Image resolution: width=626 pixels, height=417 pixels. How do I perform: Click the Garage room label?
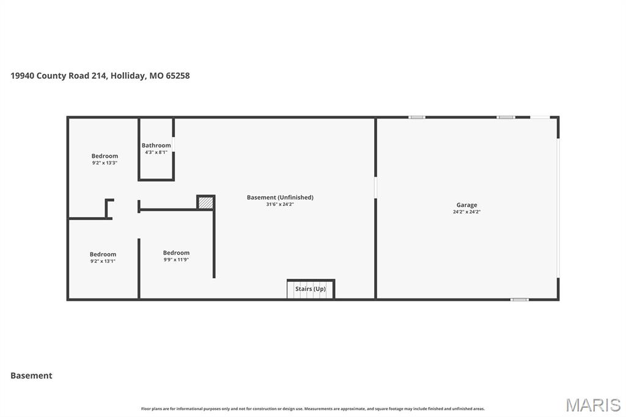tap(466, 205)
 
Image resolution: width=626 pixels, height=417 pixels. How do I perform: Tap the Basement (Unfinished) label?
tap(280, 197)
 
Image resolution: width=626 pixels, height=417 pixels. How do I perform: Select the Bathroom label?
tap(156, 146)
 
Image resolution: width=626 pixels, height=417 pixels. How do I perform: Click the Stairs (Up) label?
tap(311, 289)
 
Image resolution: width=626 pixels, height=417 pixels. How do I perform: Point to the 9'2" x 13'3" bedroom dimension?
tap(105, 163)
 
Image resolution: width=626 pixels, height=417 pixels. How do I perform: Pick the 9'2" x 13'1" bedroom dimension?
tap(103, 261)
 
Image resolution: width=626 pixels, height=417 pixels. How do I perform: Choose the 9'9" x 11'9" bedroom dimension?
tap(176, 259)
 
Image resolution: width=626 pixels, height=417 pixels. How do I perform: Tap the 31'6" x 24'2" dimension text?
tap(280, 204)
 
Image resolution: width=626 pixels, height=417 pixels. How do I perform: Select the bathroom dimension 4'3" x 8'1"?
tap(156, 152)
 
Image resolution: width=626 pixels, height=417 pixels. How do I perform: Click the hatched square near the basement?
tap(206, 202)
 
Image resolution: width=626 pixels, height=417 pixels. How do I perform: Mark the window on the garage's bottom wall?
tap(519, 299)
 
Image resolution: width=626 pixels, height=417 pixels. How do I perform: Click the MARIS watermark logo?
tap(593, 405)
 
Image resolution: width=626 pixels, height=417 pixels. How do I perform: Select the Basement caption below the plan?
tap(31, 375)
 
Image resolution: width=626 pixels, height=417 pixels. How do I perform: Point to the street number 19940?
tap(23, 76)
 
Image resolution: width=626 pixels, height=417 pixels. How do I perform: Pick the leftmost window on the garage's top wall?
tap(417, 117)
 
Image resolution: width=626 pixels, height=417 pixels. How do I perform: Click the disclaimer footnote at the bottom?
tap(312, 408)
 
